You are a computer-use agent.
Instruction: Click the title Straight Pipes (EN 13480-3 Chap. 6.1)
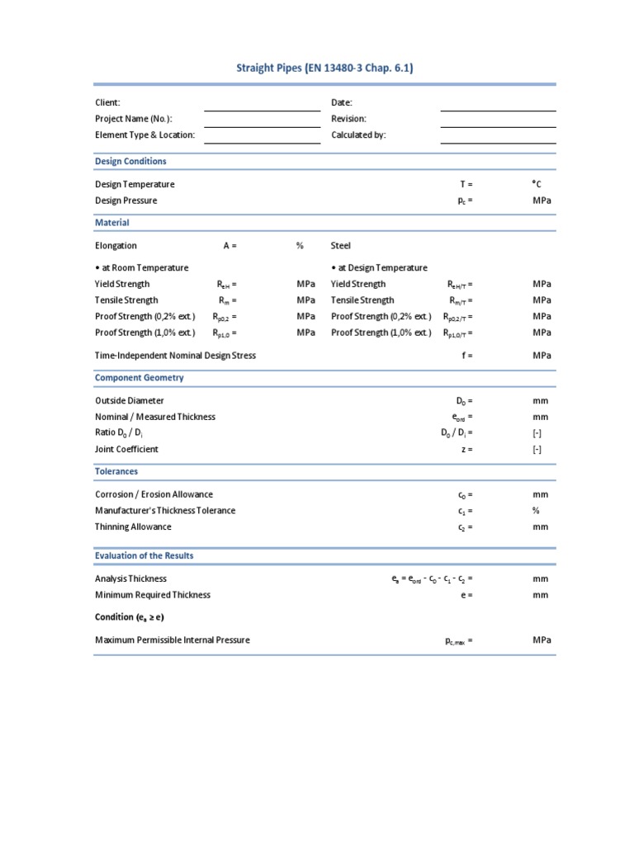coord(324,68)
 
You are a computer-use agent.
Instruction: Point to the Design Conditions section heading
coord(130,161)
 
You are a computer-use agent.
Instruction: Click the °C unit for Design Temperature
coord(537,185)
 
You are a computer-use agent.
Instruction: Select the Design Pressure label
coord(125,201)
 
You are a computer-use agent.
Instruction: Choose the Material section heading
coord(112,223)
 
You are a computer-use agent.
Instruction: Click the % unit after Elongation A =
coord(300,246)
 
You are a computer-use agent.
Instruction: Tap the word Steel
coord(341,246)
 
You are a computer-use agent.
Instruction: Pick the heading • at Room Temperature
coord(141,267)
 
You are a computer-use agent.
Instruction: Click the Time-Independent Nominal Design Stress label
coord(175,356)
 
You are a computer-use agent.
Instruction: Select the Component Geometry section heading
coord(140,378)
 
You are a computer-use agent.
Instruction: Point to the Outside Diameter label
coord(130,401)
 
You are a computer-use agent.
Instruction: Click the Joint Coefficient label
coord(126,450)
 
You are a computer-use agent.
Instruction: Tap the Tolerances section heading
coord(116,471)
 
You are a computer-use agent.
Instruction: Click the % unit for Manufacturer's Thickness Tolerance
coord(536,511)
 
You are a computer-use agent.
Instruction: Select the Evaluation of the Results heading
coord(144,555)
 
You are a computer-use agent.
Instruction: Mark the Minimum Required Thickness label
coord(153,595)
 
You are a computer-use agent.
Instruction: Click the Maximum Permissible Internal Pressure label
coord(173,640)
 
